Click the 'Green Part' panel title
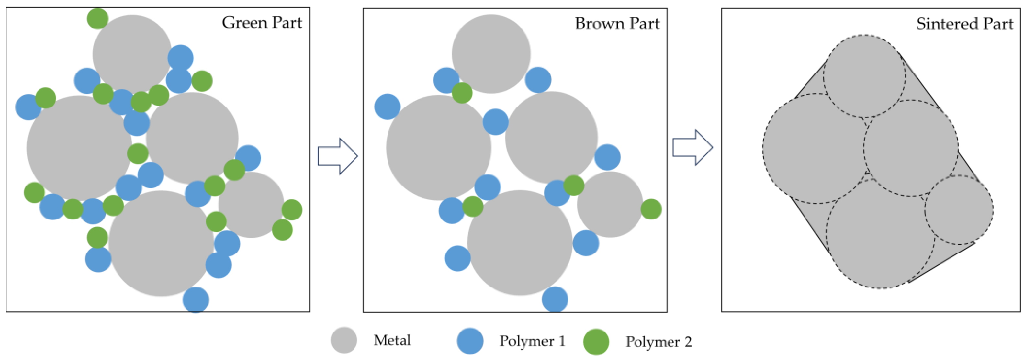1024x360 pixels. click(x=262, y=23)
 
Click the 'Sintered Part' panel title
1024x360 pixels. click(x=964, y=24)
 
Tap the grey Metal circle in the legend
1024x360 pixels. click(x=344, y=340)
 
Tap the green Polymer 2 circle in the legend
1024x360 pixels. click(x=596, y=342)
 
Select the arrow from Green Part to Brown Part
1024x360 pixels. click(x=338, y=156)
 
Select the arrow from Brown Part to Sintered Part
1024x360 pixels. click(x=692, y=147)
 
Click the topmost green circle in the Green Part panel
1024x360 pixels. click(x=97, y=18)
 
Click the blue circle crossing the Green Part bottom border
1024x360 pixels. click(x=196, y=299)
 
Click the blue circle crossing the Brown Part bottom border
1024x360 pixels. click(x=555, y=299)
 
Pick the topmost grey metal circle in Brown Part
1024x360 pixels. click(x=491, y=54)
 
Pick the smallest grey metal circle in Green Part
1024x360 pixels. click(x=251, y=205)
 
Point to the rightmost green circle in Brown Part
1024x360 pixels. click(x=651, y=209)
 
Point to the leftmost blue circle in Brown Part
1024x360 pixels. click(x=387, y=107)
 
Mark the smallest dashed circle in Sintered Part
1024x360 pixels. click(x=959, y=210)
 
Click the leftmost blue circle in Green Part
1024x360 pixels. click(x=28, y=107)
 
